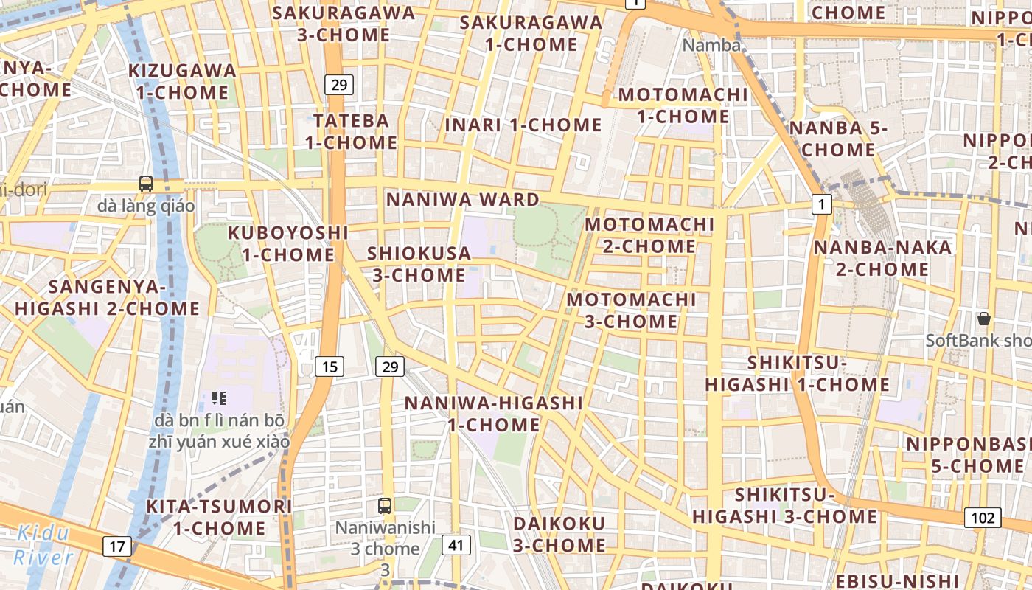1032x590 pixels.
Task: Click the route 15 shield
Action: pos(330,366)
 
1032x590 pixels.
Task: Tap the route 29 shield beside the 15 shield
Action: pos(390,366)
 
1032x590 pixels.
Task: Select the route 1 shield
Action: pos(822,204)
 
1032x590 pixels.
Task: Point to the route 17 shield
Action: pos(117,546)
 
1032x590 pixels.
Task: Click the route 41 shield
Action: pos(456,545)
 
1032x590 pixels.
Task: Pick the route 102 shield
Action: pos(983,518)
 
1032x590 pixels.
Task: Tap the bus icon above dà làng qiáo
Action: pos(146,184)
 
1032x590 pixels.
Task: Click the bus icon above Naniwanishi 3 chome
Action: pos(385,506)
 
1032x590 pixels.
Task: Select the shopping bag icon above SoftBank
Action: pos(983,319)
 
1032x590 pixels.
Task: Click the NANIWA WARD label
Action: pos(463,200)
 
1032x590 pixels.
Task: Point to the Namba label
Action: pos(711,45)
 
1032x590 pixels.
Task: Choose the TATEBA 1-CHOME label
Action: pos(351,131)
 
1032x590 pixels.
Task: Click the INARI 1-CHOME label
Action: pos(523,125)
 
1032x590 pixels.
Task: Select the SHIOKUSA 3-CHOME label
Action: pos(419,264)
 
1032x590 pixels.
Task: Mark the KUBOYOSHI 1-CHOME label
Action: pos(288,243)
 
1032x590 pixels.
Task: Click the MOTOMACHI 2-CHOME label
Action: pos(649,235)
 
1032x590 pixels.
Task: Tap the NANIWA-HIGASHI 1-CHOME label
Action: pos(494,414)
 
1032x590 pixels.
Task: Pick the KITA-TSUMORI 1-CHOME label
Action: pos(219,517)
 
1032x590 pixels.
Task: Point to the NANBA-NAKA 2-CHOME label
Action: pos(882,258)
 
